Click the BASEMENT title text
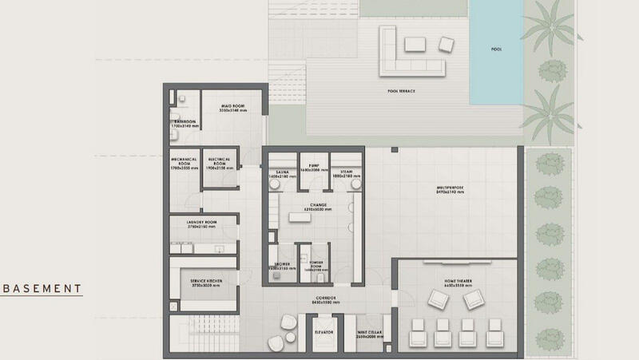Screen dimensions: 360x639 coord(42,288)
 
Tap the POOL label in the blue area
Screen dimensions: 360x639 coord(497,49)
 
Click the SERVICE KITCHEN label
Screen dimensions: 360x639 coord(204,282)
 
